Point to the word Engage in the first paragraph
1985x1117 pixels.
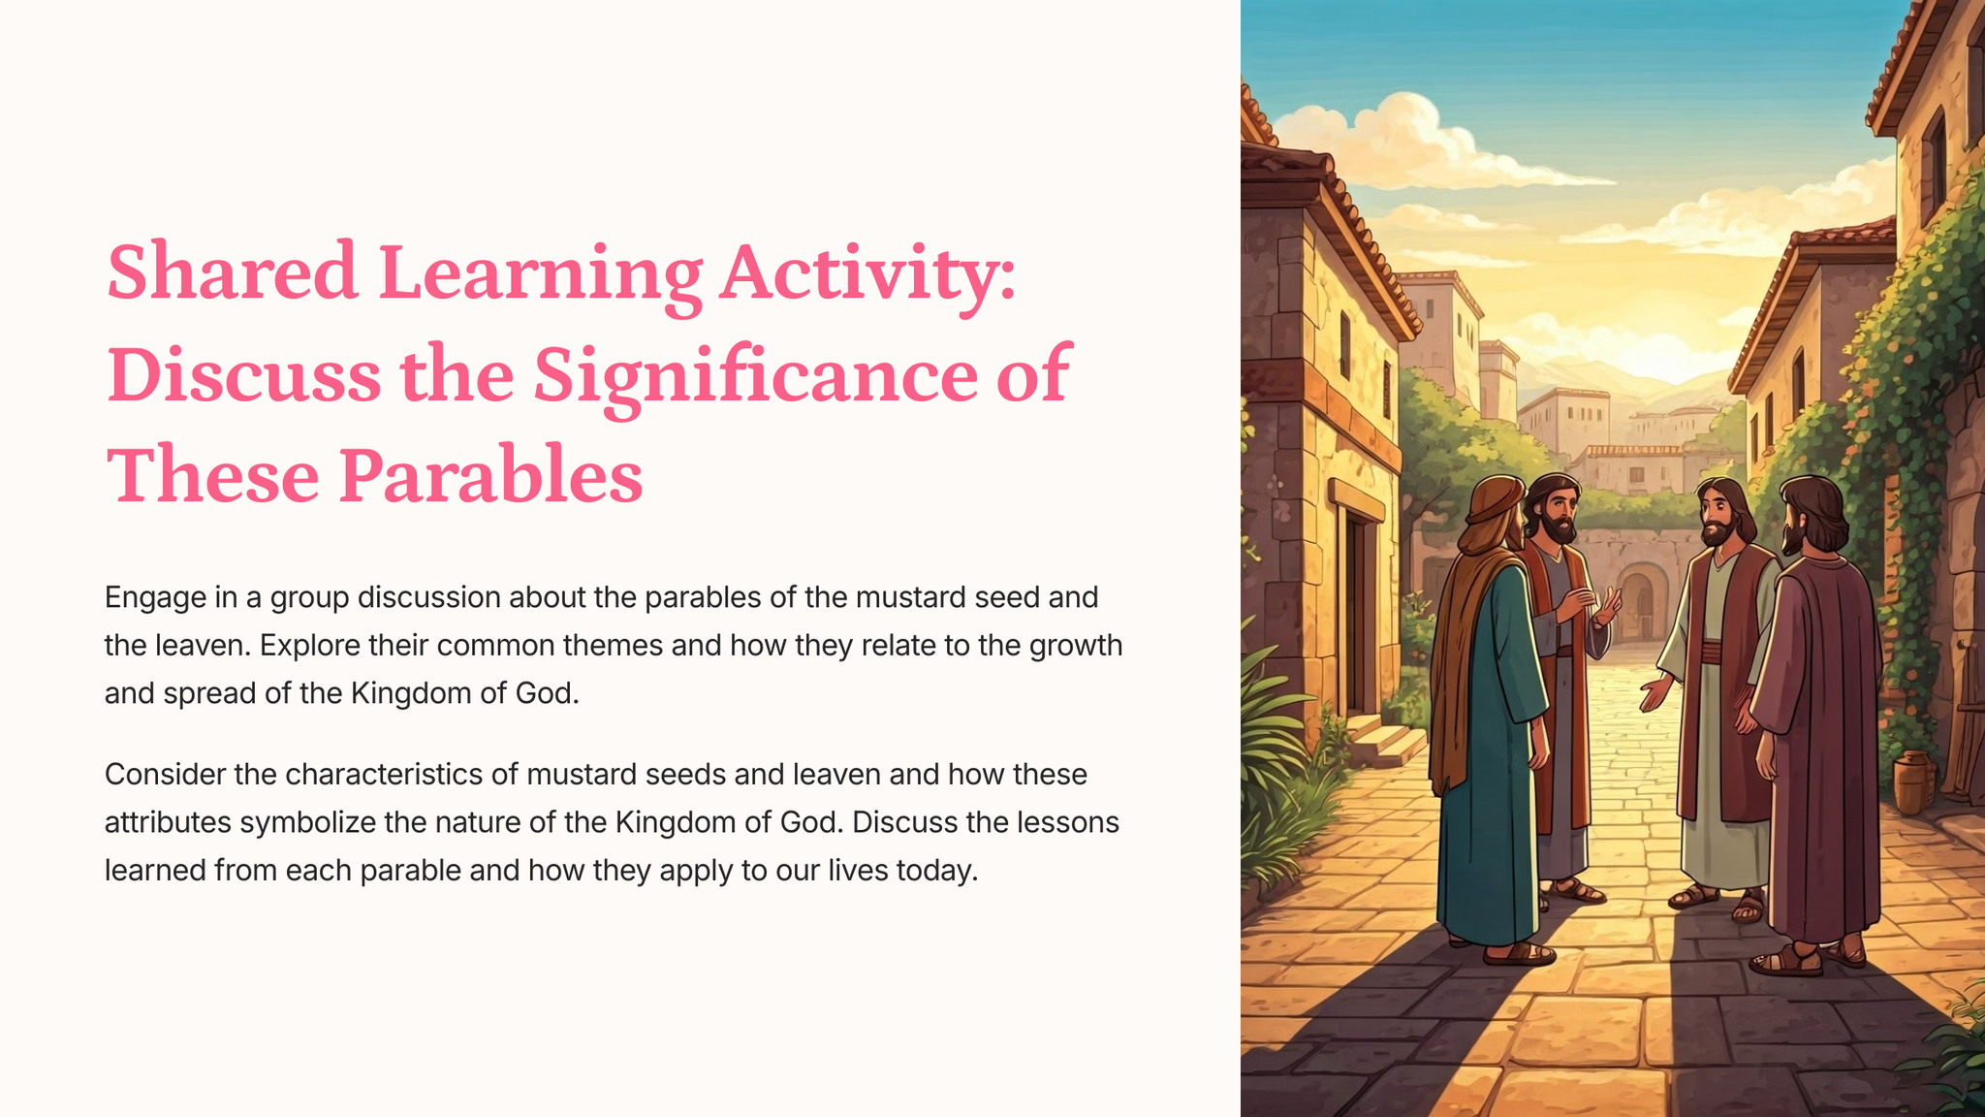point(155,598)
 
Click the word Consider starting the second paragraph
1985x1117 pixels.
point(166,774)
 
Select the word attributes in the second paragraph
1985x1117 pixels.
point(168,822)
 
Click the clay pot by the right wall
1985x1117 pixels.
point(1913,782)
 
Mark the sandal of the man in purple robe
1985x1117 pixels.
point(1785,961)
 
